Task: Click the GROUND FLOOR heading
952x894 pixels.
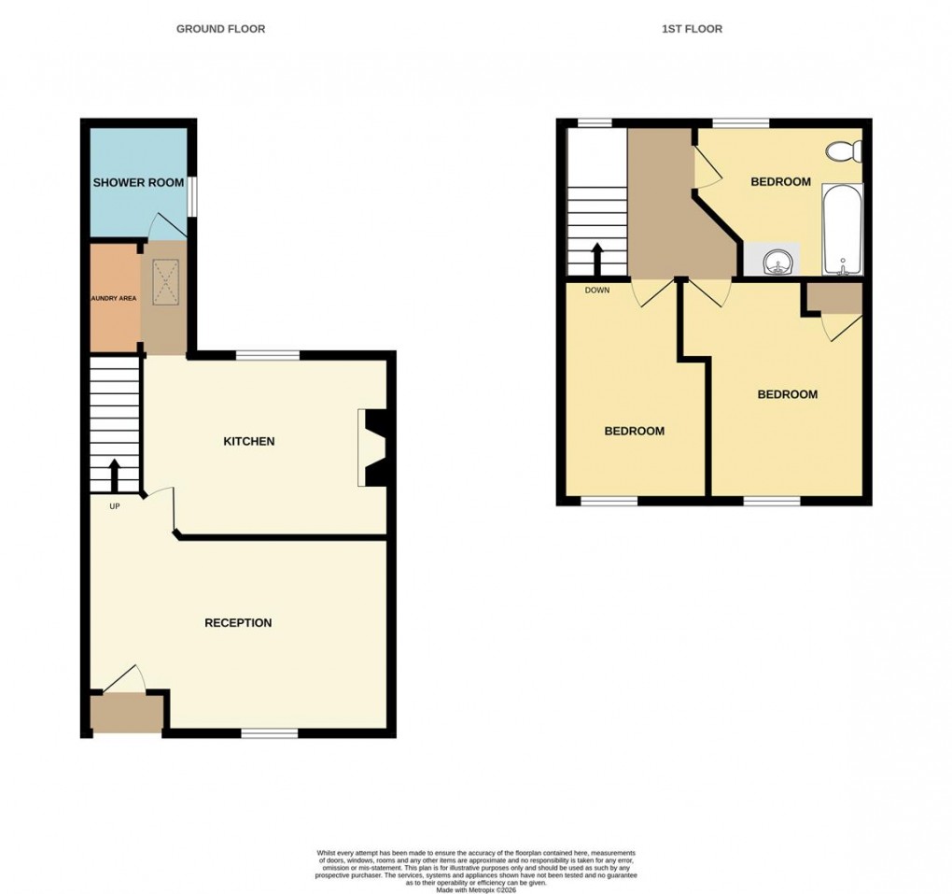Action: pos(220,29)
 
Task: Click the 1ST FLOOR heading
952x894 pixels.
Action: pos(692,29)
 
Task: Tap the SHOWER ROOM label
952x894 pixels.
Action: pos(138,182)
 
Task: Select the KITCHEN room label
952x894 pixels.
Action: pos(248,441)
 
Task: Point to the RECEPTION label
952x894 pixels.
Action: pos(238,622)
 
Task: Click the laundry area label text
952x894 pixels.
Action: pos(113,298)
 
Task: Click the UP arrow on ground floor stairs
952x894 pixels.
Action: pos(115,475)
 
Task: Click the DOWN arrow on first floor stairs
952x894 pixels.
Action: pos(596,259)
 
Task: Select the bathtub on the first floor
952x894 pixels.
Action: pos(843,230)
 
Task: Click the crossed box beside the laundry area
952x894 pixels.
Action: pos(164,281)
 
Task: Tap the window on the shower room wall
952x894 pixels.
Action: pos(192,196)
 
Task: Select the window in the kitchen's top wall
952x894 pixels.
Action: pos(268,355)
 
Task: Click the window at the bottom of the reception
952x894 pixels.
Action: pos(270,733)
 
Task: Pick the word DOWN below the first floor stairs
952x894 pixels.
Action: pos(596,291)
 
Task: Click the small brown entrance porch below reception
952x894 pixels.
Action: pos(126,714)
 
